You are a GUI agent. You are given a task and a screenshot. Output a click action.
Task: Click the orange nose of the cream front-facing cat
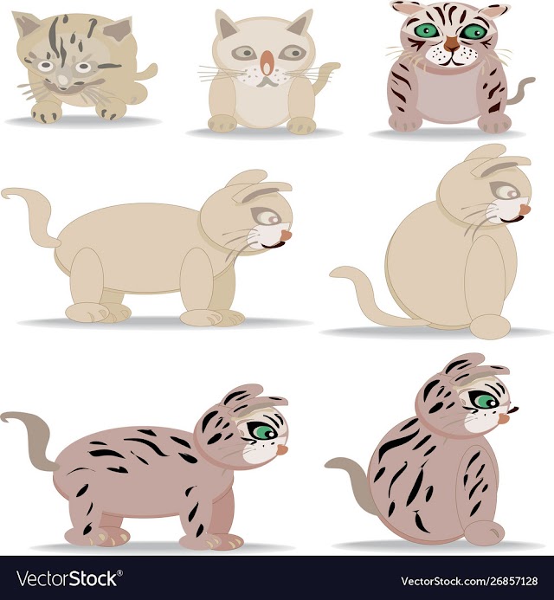click(267, 62)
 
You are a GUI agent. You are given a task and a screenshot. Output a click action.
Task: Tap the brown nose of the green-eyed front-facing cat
click(452, 43)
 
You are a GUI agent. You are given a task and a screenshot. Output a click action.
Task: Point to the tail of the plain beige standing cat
click(30, 215)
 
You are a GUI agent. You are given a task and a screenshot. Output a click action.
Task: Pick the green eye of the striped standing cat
click(262, 430)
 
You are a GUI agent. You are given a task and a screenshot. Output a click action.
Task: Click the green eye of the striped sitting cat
click(484, 401)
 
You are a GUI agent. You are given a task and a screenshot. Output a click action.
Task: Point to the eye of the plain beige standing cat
click(267, 217)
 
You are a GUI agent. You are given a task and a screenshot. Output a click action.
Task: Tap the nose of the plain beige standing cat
click(286, 235)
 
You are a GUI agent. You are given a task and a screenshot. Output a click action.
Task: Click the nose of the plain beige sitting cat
click(525, 210)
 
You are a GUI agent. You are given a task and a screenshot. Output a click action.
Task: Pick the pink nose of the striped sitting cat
click(505, 419)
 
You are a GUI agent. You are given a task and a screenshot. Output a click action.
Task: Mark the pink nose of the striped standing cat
click(282, 450)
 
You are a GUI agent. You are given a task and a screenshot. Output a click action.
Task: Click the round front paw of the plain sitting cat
click(490, 326)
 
